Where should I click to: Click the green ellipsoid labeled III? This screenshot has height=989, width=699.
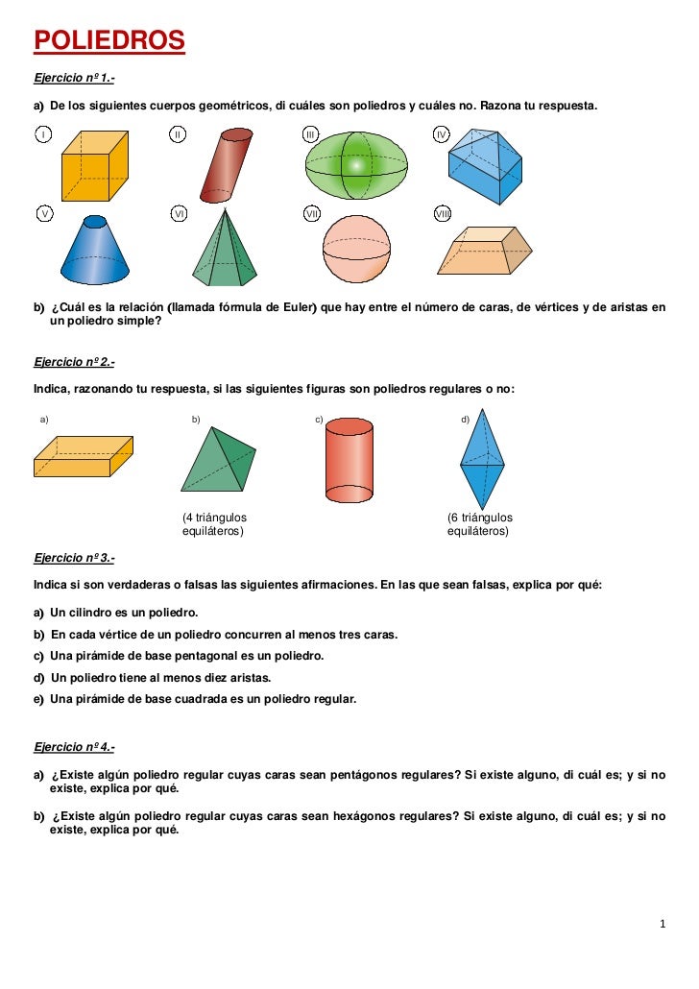356,165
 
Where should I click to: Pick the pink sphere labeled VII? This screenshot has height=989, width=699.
357,249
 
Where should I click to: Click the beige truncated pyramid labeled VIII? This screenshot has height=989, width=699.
485,253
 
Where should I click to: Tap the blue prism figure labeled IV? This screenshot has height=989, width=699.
485,166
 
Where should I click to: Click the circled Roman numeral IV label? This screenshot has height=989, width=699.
442,133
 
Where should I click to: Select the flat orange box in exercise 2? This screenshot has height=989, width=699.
82,456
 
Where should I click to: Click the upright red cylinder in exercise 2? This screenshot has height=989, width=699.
349,461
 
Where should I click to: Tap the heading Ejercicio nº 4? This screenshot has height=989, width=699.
74,746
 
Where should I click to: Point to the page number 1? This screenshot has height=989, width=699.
663,925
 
